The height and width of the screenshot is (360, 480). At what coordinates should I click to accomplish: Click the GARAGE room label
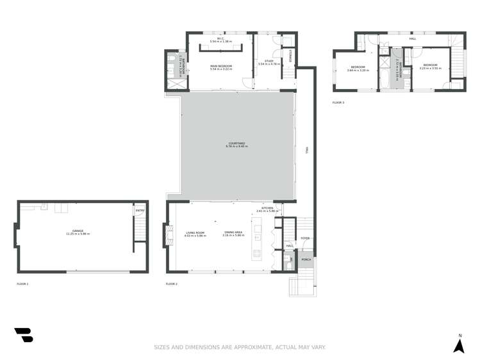point(78,232)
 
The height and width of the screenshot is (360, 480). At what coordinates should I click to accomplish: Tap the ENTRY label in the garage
point(139,211)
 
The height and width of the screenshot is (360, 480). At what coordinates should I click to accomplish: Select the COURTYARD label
point(236,143)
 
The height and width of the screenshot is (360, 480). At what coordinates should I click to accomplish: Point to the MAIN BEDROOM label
point(221,66)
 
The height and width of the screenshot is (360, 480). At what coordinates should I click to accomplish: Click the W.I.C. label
point(220,38)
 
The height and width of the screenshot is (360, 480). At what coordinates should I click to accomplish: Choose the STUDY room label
point(269,61)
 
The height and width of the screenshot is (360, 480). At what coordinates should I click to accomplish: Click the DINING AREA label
point(233,233)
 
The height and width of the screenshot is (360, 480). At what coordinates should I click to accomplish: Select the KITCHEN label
point(267,208)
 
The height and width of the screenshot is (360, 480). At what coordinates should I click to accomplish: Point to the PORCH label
point(306,259)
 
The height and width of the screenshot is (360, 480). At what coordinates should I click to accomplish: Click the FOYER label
point(305,238)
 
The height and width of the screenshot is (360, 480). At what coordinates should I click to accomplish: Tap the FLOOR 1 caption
point(22,283)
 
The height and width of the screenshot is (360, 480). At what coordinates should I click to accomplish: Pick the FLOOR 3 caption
point(338,102)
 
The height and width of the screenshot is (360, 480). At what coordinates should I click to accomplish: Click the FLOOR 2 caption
point(171,283)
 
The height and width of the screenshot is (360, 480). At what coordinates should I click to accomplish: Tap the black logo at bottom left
point(24,334)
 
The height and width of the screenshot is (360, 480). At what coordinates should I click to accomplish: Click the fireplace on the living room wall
point(169,234)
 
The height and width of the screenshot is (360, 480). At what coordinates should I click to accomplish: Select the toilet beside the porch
point(288,261)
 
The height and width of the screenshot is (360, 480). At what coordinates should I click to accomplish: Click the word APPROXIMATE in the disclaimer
point(247,348)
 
